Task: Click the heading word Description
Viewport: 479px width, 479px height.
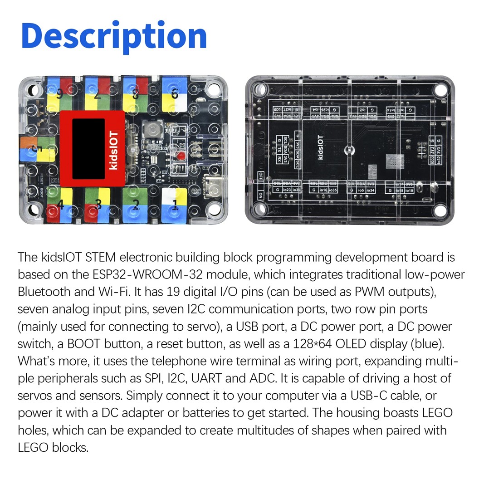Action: (x=114, y=36)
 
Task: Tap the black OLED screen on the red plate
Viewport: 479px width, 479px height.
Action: (x=88, y=142)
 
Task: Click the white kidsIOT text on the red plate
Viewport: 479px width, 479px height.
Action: (x=113, y=150)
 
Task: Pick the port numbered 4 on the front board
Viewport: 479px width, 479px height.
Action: (x=59, y=205)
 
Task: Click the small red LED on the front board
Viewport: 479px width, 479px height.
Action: (x=180, y=157)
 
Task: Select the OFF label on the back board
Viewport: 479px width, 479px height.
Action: (x=261, y=176)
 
